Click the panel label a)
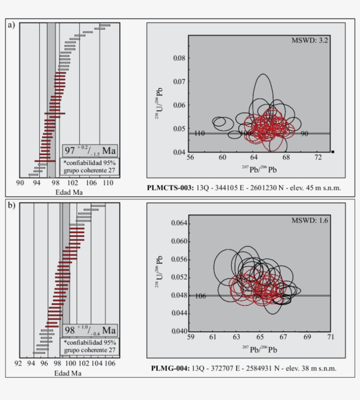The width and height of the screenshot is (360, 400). click(11, 25)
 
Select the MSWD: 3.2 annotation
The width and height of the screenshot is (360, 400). click(310, 40)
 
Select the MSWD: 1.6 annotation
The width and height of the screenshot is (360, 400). click(310, 220)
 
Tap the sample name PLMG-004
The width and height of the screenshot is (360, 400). click(168, 368)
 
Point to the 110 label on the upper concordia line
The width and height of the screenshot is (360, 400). click(199, 133)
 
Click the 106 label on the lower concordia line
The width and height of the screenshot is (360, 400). click(200, 296)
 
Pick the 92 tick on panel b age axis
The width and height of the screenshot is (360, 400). click(18, 364)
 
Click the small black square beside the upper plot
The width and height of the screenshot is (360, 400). click(333, 152)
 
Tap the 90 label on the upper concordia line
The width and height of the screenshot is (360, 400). click(304, 133)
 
